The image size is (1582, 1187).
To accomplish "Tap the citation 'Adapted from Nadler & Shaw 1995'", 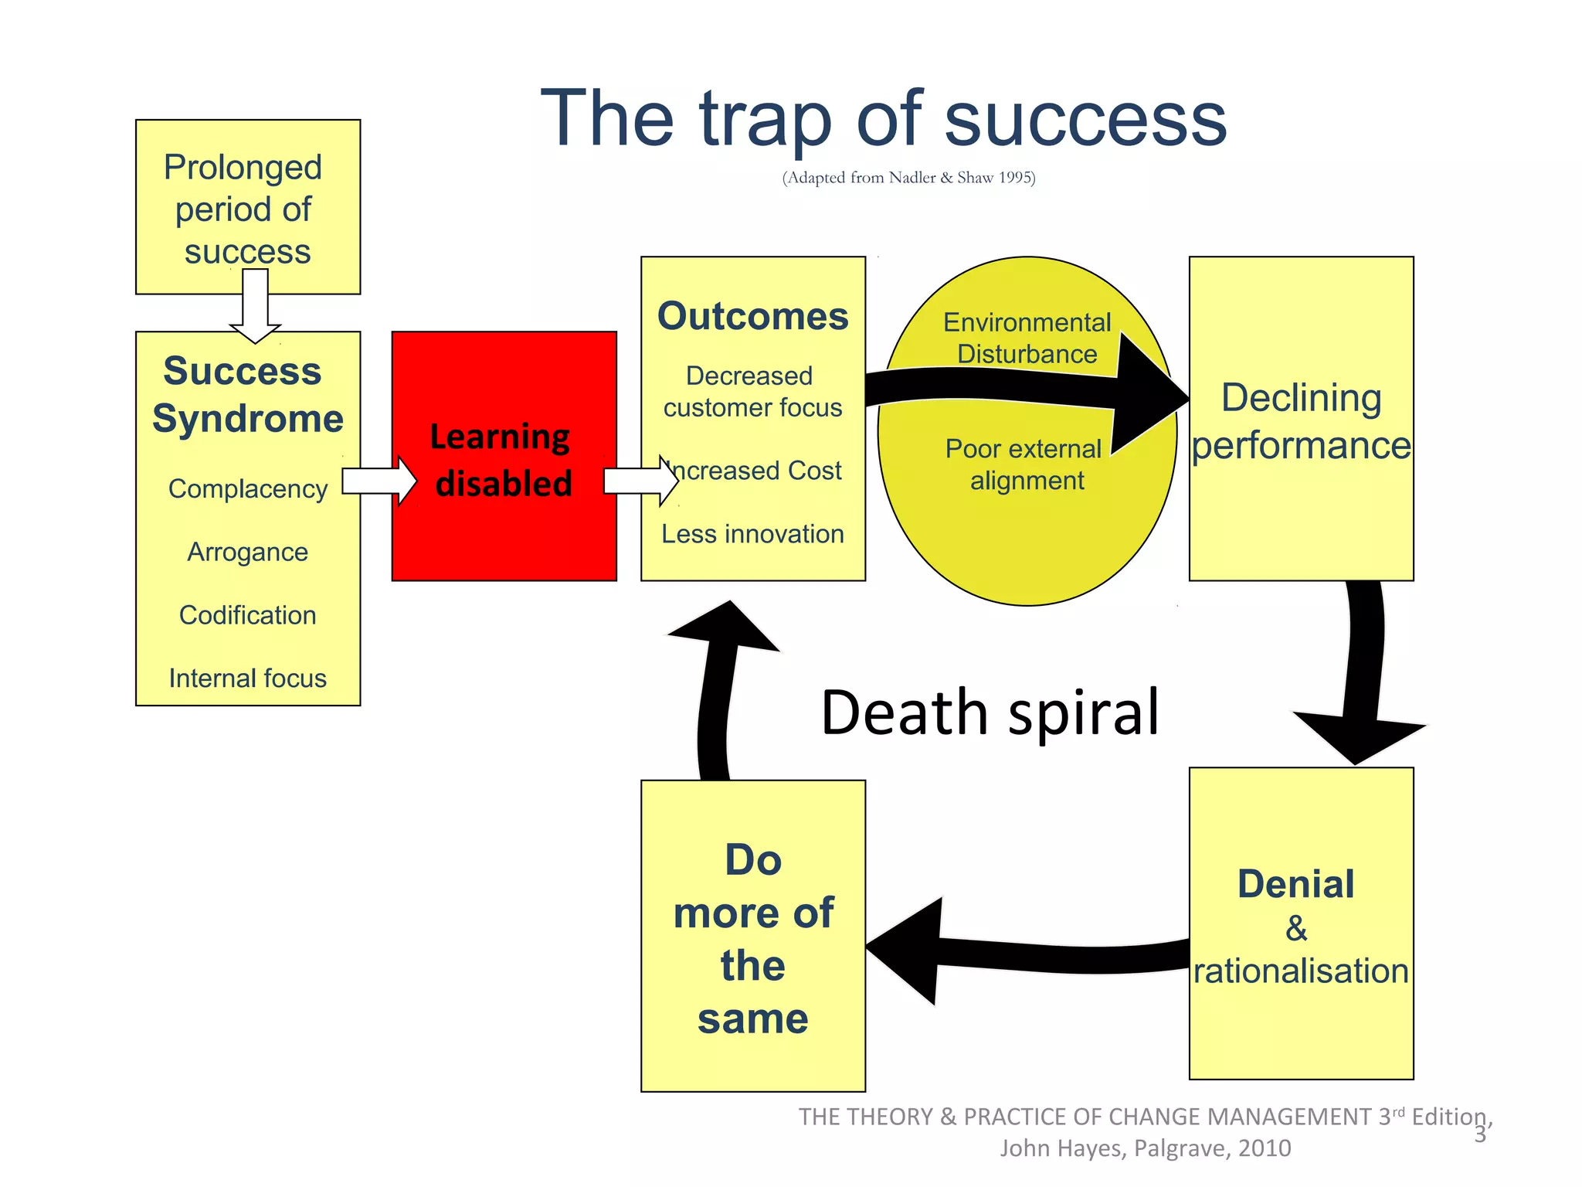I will [x=908, y=178].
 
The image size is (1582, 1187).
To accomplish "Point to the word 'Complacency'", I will [x=247, y=489].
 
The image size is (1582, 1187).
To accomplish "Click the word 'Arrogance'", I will [x=247, y=552].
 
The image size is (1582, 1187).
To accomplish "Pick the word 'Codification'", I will [x=247, y=615].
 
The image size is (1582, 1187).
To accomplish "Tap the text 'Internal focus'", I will [x=247, y=679].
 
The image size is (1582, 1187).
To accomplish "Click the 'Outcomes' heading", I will [x=752, y=316].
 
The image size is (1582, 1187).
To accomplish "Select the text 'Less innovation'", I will [x=752, y=534].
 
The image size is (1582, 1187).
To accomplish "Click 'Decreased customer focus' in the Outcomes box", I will [x=752, y=392].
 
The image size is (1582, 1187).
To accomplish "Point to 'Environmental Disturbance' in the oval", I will [x=1027, y=338].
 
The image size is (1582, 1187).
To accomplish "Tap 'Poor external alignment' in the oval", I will [x=1025, y=464].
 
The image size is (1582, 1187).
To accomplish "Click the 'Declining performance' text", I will [x=1301, y=421].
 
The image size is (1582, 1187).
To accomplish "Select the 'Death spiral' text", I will [x=990, y=712].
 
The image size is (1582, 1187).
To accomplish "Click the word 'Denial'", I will [x=1295, y=884].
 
